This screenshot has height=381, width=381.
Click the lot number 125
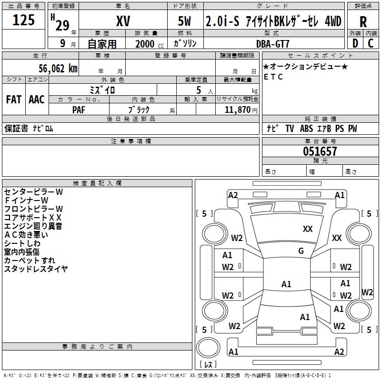[23, 20]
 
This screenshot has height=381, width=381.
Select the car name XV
[123, 21]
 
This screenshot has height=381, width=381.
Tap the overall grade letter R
[363, 22]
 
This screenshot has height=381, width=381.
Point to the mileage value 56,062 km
[58, 69]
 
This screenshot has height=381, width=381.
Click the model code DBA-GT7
[273, 44]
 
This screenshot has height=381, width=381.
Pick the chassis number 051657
[320, 151]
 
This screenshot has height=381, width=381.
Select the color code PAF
[79, 110]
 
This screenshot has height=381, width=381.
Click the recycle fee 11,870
[237, 110]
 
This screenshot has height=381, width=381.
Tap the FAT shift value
[14, 100]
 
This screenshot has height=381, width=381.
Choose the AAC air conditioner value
[37, 100]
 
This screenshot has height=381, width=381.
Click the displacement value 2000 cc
[150, 44]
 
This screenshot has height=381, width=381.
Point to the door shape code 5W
[184, 21]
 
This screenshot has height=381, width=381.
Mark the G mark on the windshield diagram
[301, 251]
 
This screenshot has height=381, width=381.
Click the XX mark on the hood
[308, 229]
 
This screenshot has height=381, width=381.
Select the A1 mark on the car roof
[286, 284]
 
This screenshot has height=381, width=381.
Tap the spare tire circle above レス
[208, 347]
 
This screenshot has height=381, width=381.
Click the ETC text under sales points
[273, 77]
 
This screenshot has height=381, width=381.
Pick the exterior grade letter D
[355, 43]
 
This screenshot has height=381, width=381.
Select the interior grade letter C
[371, 43]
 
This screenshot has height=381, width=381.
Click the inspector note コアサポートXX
[33, 218]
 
